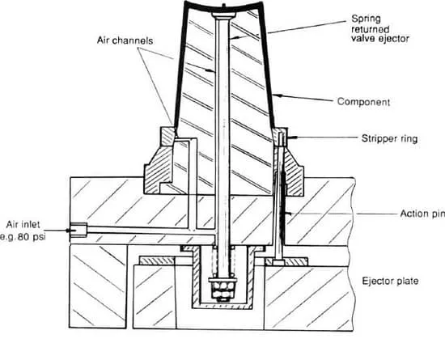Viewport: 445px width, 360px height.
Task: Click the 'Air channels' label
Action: point(125,40)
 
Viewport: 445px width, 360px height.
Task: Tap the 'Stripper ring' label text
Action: point(389,138)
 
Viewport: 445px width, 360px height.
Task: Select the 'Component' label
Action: point(363,102)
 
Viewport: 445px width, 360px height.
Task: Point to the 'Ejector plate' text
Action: point(390,281)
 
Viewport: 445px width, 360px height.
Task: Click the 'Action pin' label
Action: point(422,214)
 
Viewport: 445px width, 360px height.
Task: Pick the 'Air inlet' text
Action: point(23,225)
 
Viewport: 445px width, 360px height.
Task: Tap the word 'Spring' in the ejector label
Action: point(366,19)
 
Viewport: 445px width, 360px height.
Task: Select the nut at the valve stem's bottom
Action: point(222,290)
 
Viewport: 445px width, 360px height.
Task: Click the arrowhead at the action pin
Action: point(289,214)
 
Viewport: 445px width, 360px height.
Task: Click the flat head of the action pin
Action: point(278,263)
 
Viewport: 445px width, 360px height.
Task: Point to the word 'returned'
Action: point(370,29)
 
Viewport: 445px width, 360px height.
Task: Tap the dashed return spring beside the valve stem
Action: point(223,261)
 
